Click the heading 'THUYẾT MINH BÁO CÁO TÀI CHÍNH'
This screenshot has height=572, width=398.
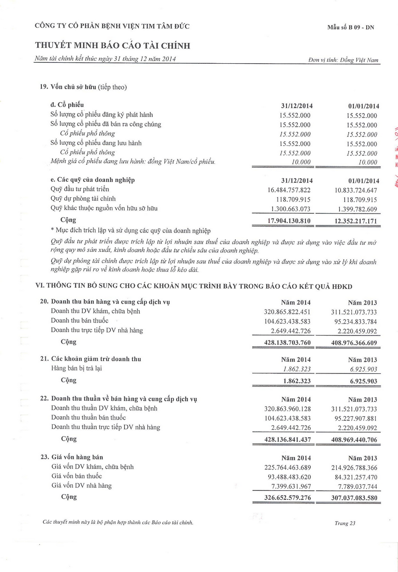point(113,46)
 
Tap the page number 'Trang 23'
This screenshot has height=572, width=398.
point(345,523)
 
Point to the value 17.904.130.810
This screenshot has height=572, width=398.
point(289,221)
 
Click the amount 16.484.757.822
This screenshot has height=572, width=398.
point(289,190)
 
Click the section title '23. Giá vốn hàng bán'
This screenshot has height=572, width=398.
point(72,457)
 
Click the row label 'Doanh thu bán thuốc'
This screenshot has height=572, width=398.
point(80,321)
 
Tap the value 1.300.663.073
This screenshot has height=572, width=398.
point(289,209)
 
